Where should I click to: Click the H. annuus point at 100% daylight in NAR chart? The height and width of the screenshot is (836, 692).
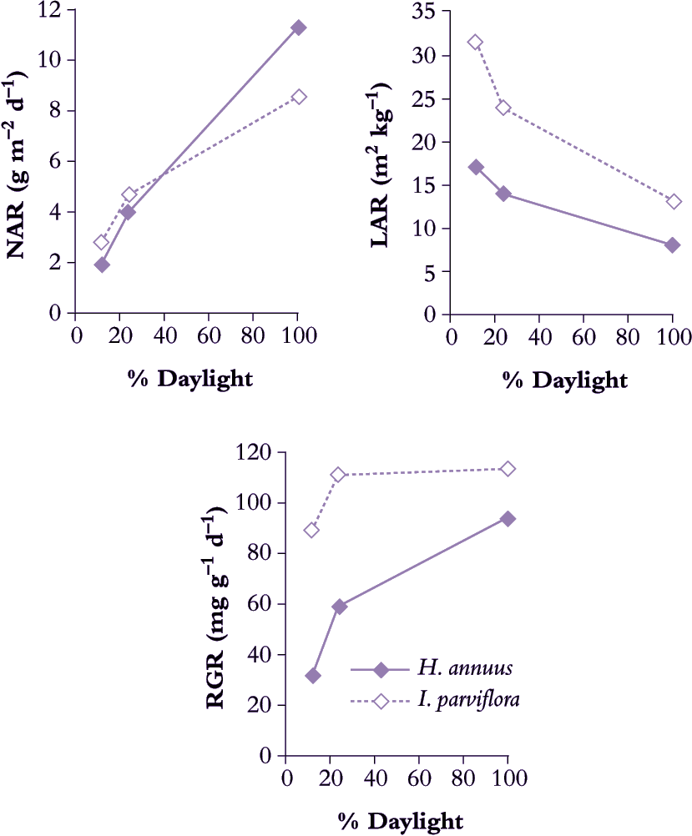click(x=298, y=28)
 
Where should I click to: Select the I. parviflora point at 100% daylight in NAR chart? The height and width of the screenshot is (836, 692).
click(x=299, y=97)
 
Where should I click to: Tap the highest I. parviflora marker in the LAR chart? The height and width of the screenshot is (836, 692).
click(x=476, y=42)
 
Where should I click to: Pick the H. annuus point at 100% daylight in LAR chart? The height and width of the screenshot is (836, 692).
click(x=673, y=244)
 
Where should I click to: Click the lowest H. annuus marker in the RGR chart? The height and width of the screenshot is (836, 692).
click(x=313, y=675)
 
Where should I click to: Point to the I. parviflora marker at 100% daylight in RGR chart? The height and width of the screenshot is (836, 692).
click(x=508, y=469)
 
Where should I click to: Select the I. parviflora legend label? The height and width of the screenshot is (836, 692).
click(x=470, y=700)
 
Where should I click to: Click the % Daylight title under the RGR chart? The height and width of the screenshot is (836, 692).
click(x=399, y=820)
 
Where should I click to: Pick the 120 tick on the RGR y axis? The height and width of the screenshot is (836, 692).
click(x=257, y=452)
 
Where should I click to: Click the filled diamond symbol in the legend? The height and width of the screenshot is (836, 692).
click(x=381, y=669)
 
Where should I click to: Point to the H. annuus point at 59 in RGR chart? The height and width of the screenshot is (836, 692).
click(x=340, y=607)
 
